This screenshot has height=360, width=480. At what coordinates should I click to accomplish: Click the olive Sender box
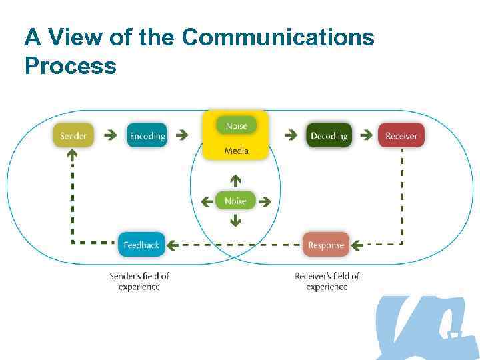click(73, 136)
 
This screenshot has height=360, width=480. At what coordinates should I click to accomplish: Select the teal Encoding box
click(147, 136)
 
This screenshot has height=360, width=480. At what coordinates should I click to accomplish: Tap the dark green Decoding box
click(329, 136)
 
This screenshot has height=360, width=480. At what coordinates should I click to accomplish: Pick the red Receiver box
click(401, 136)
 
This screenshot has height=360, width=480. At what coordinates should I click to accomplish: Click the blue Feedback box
click(141, 245)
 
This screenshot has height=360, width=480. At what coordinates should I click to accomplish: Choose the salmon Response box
click(326, 245)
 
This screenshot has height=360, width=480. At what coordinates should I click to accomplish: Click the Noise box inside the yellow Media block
click(236, 126)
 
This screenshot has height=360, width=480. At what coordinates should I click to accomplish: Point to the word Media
click(236, 151)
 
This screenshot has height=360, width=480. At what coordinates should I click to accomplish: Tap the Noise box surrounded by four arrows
click(235, 201)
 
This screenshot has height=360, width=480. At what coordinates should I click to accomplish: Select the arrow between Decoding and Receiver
click(366, 135)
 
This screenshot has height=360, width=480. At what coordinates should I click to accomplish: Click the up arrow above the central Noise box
click(235, 180)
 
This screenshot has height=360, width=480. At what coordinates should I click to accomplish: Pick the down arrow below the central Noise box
click(235, 221)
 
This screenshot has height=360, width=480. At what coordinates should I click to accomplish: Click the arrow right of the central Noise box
click(264, 201)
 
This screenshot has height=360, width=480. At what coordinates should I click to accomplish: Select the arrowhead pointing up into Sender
click(72, 155)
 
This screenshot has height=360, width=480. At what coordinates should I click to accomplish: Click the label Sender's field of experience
click(139, 281)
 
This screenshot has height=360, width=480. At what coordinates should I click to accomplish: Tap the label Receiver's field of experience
click(327, 281)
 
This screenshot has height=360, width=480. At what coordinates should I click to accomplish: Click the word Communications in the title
click(277, 37)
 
